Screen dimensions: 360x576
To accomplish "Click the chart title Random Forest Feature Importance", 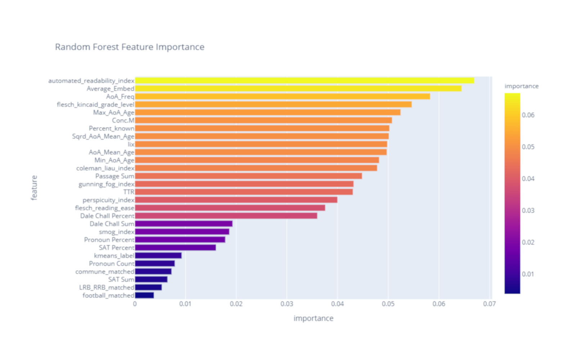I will click(x=130, y=47).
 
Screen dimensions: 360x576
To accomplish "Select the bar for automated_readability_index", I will click(x=304, y=81).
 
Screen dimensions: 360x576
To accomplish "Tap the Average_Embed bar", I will click(x=298, y=89).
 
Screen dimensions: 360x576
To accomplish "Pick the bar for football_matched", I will click(x=144, y=295).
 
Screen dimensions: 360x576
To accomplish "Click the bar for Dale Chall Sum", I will click(x=184, y=224).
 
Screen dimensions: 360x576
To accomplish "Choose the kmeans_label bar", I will click(x=158, y=256).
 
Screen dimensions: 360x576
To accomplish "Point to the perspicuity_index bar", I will click(x=236, y=200).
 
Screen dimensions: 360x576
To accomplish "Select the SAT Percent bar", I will click(x=175, y=248).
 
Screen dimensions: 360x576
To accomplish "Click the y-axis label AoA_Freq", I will click(x=120, y=96).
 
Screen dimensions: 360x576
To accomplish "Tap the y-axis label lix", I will click(x=131, y=144).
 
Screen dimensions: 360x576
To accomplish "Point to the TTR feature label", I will click(x=129, y=192).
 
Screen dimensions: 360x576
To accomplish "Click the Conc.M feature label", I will click(x=123, y=120).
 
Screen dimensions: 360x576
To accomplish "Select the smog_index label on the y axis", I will click(x=117, y=232).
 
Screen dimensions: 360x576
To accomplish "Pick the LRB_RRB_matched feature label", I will click(x=107, y=287).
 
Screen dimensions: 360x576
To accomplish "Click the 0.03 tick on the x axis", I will click(x=287, y=304).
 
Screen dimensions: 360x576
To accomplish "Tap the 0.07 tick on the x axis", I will click(x=489, y=304).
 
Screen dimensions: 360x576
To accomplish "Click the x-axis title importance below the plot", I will click(x=313, y=318).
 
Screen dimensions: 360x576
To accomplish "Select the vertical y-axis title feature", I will click(x=34, y=188).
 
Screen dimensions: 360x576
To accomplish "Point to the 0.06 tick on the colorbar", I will click(x=528, y=115).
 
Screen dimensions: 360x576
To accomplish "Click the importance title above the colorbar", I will click(x=521, y=86).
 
